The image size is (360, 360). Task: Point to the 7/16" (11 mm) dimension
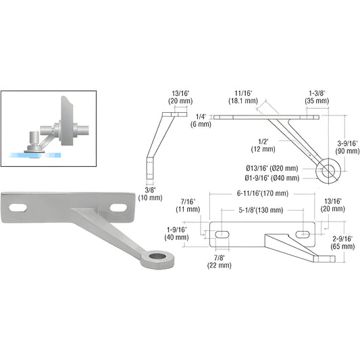click(x=189, y=205)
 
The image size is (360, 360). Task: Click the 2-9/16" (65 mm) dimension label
click(x=344, y=242)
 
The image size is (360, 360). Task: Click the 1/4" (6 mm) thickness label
click(x=202, y=120)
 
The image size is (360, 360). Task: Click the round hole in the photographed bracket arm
click(x=160, y=257)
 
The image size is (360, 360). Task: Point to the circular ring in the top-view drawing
click(x=328, y=170)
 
